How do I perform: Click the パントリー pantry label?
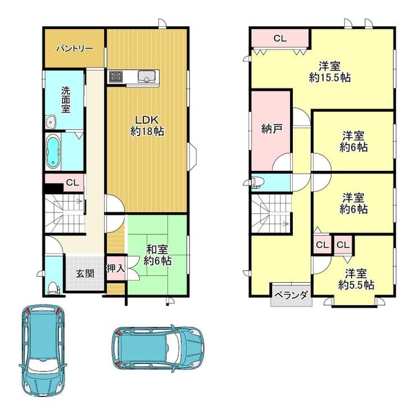pos(75,49)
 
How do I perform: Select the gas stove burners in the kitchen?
pos(115,76)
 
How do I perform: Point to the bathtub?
pos(53,151)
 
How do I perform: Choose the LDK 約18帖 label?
pos(147,126)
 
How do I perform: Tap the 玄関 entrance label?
pos(85,274)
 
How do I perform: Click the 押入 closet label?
pos(116,268)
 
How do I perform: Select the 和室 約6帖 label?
pos(157,255)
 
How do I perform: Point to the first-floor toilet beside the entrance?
pos(54,288)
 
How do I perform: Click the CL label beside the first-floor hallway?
pos(73,183)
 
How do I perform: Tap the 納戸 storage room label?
pos(271,129)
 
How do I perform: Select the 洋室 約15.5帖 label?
pos(330,71)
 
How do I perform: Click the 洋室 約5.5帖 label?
pos(356,279)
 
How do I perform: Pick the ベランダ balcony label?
pos(291,295)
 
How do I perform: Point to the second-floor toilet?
pos(257,182)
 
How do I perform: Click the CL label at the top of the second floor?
pos(280,38)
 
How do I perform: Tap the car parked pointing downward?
pos(43,350)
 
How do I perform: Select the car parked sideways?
pos(158,348)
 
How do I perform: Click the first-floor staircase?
pos(65,214)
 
